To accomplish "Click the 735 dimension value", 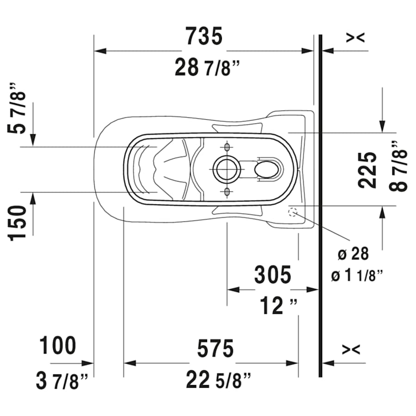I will click(204, 36).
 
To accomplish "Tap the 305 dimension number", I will click(273, 275).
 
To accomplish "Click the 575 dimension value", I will click(215, 349).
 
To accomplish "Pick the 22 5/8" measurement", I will click(219, 380).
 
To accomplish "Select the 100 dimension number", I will click(58, 346).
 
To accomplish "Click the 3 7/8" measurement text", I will click(62, 381).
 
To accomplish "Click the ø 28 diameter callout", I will click(353, 253).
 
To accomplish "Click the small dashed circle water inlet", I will click(293, 213).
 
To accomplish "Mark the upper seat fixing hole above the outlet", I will click(226, 147).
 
